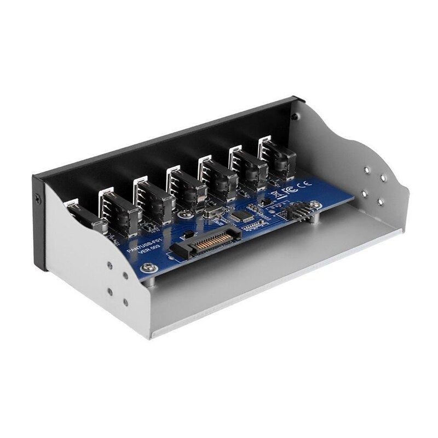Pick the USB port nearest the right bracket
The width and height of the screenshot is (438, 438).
[x=276, y=158]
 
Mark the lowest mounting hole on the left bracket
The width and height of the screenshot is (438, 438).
[x=125, y=302]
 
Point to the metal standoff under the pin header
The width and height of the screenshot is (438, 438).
[x=315, y=218]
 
